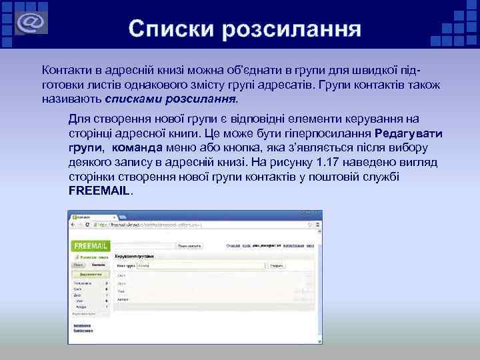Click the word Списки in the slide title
[170, 29]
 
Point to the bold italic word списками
[131, 99]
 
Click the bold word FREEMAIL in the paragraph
[100, 190]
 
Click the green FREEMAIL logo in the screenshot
[91, 245]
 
